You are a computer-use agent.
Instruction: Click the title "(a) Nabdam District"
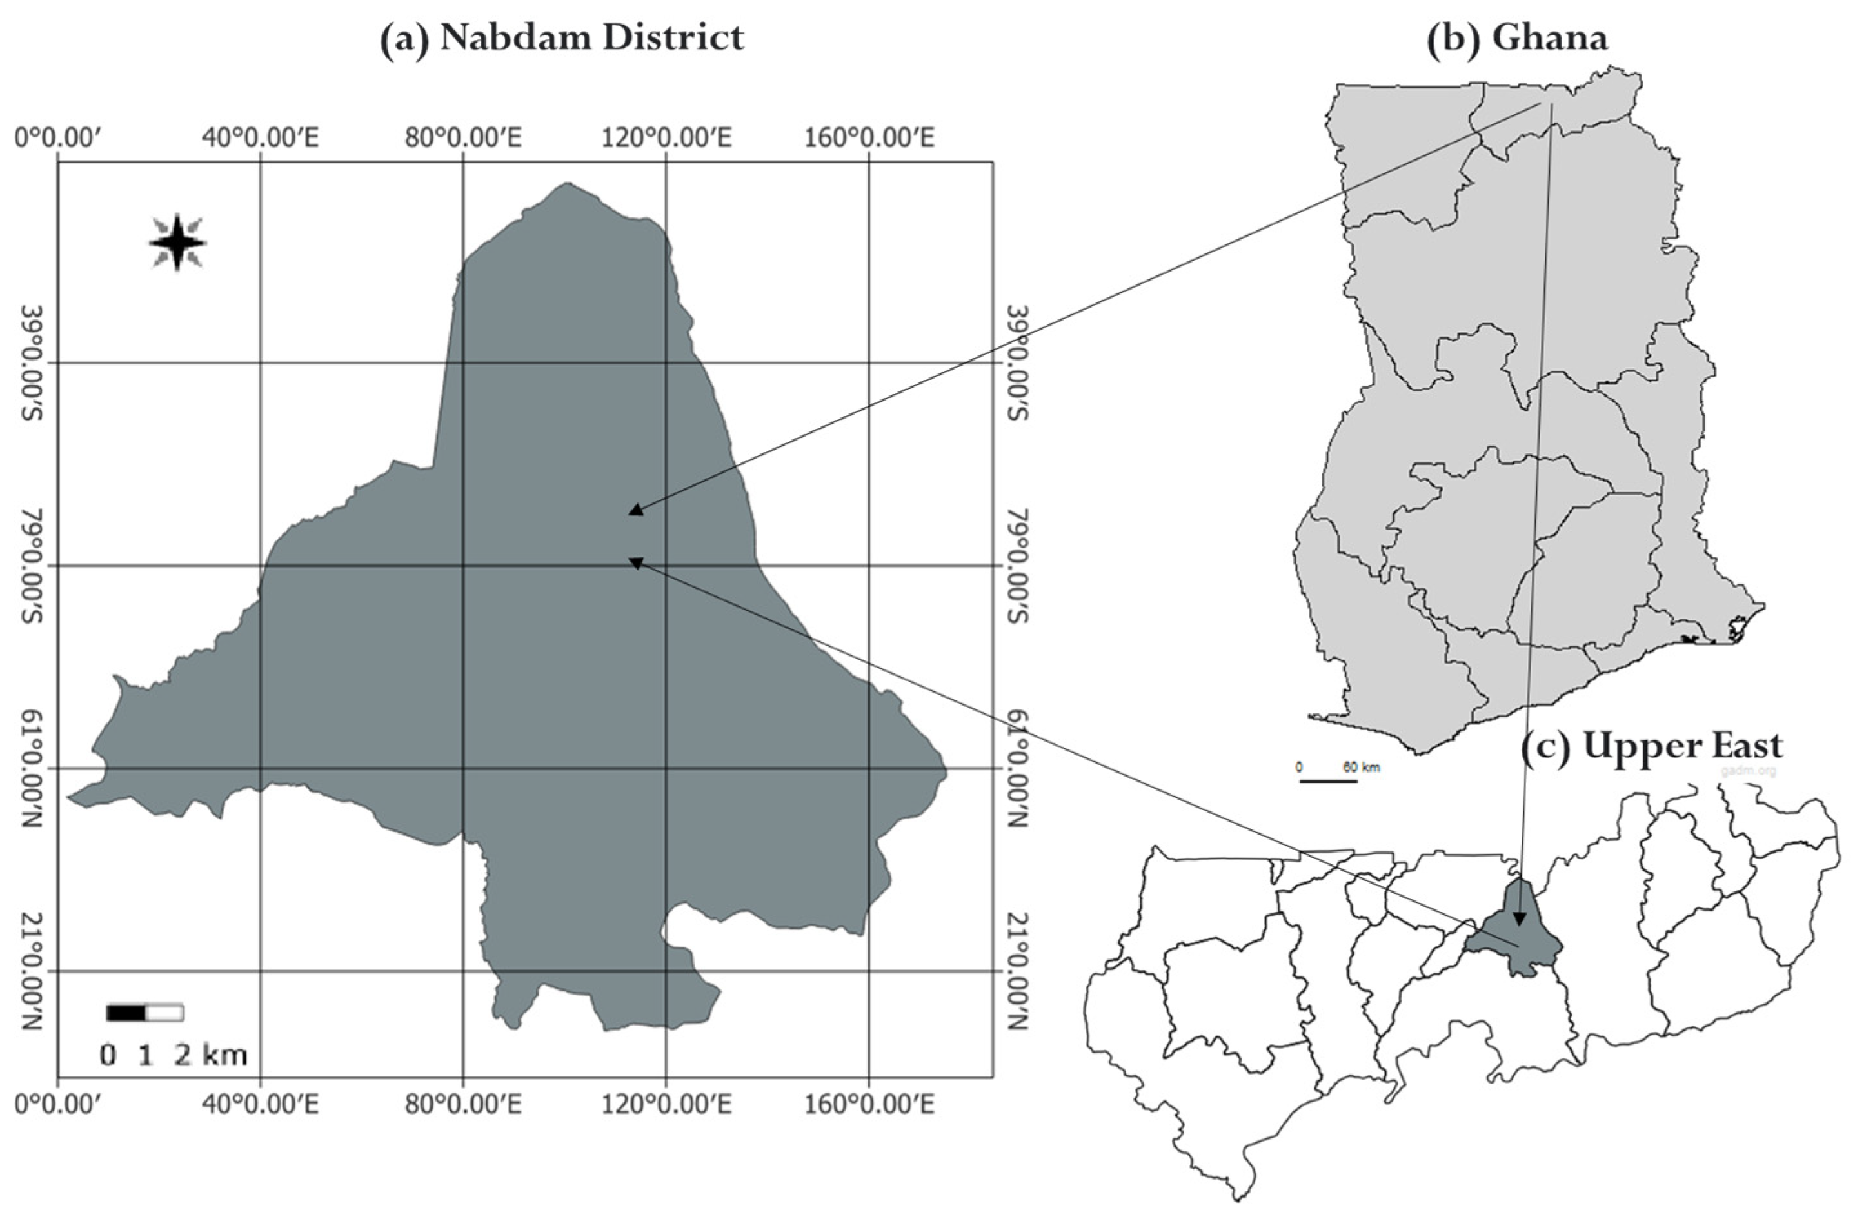(x=561, y=37)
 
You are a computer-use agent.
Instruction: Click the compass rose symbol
(x=178, y=242)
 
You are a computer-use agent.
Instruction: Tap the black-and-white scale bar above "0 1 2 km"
(x=144, y=1013)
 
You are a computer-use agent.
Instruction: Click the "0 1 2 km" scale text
(x=173, y=1055)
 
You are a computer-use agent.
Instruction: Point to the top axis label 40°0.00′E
(x=261, y=139)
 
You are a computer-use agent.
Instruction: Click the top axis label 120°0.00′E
(x=666, y=139)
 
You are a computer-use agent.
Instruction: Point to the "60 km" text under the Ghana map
(x=1361, y=768)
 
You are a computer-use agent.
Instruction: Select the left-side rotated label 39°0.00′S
(x=33, y=363)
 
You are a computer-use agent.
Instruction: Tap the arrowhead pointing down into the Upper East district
(x=1518, y=919)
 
